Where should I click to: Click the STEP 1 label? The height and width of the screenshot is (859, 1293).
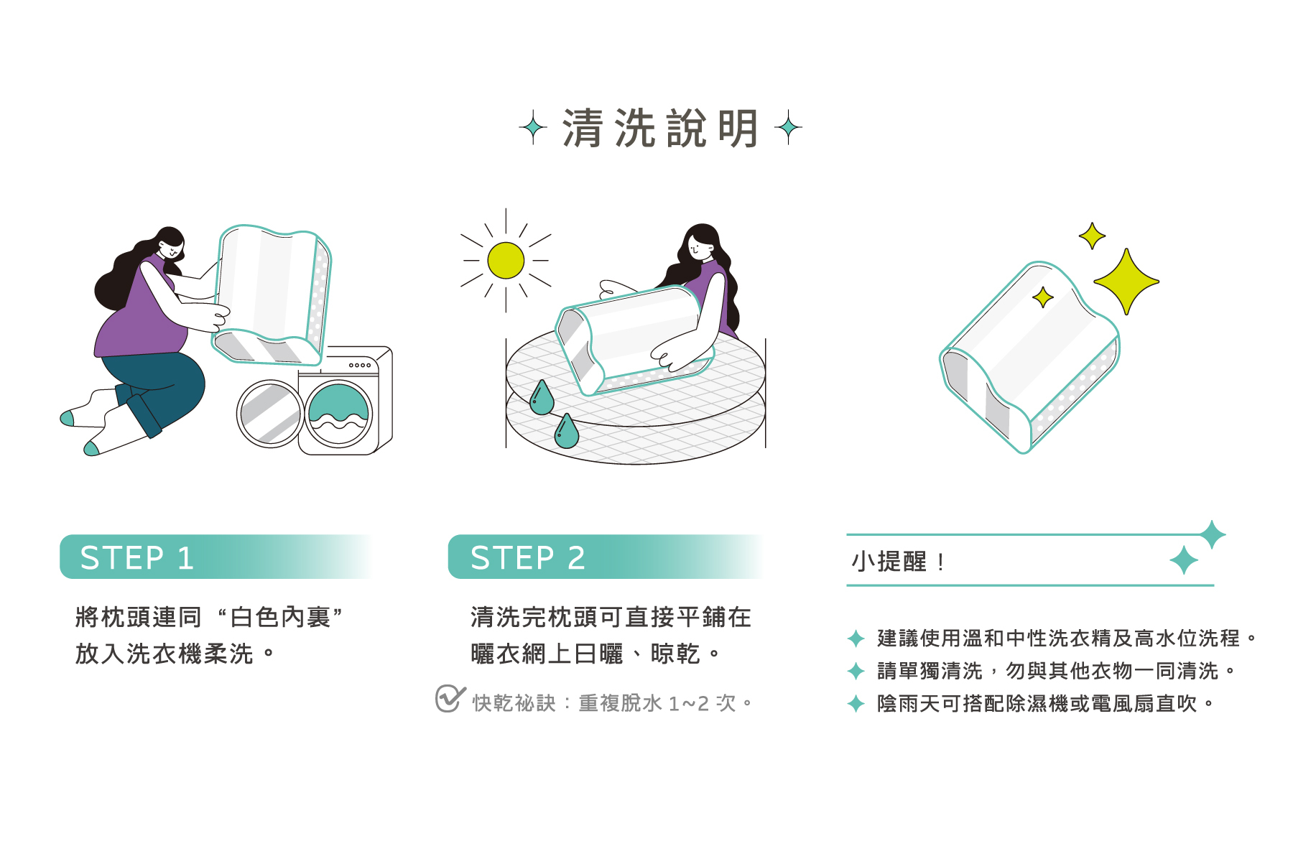(x=136, y=558)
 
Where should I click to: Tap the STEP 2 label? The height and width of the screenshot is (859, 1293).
(x=527, y=558)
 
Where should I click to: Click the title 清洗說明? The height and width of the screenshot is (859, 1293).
(x=660, y=129)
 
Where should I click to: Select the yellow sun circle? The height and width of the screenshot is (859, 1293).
(x=506, y=260)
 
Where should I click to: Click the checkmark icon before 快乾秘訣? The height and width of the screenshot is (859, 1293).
(x=449, y=698)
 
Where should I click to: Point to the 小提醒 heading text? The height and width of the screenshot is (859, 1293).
(x=889, y=562)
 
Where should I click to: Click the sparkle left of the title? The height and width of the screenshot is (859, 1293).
(x=533, y=128)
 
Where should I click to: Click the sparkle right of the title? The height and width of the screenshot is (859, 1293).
(x=788, y=128)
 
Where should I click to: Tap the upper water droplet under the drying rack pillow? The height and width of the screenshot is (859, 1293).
(x=541, y=399)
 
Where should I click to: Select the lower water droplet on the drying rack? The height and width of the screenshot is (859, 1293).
(x=566, y=432)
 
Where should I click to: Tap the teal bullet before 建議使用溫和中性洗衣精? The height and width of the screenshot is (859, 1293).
(x=856, y=638)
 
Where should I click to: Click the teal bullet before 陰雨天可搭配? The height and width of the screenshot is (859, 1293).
(x=856, y=703)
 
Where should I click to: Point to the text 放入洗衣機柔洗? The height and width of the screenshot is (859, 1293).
(x=164, y=654)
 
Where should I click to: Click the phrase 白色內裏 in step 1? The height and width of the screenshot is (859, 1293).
(x=280, y=617)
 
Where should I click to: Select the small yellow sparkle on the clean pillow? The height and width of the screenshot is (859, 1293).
(x=1042, y=297)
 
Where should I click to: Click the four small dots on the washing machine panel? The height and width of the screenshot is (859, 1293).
(x=360, y=366)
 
